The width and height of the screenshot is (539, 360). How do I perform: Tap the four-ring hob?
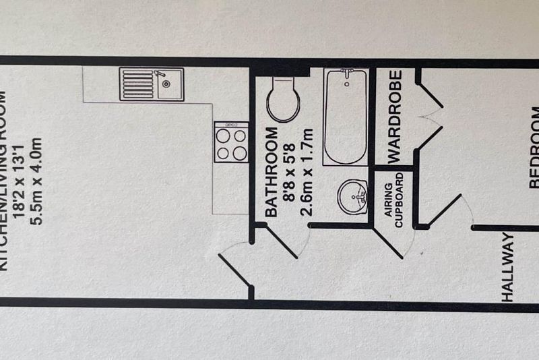pos(230,143)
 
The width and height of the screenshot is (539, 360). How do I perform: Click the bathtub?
pos(345,117)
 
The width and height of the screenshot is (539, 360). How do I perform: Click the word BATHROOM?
pos(272,172)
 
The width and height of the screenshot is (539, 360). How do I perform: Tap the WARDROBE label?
pos(395,115)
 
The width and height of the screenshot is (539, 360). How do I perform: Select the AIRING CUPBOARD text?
pos(393,200)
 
